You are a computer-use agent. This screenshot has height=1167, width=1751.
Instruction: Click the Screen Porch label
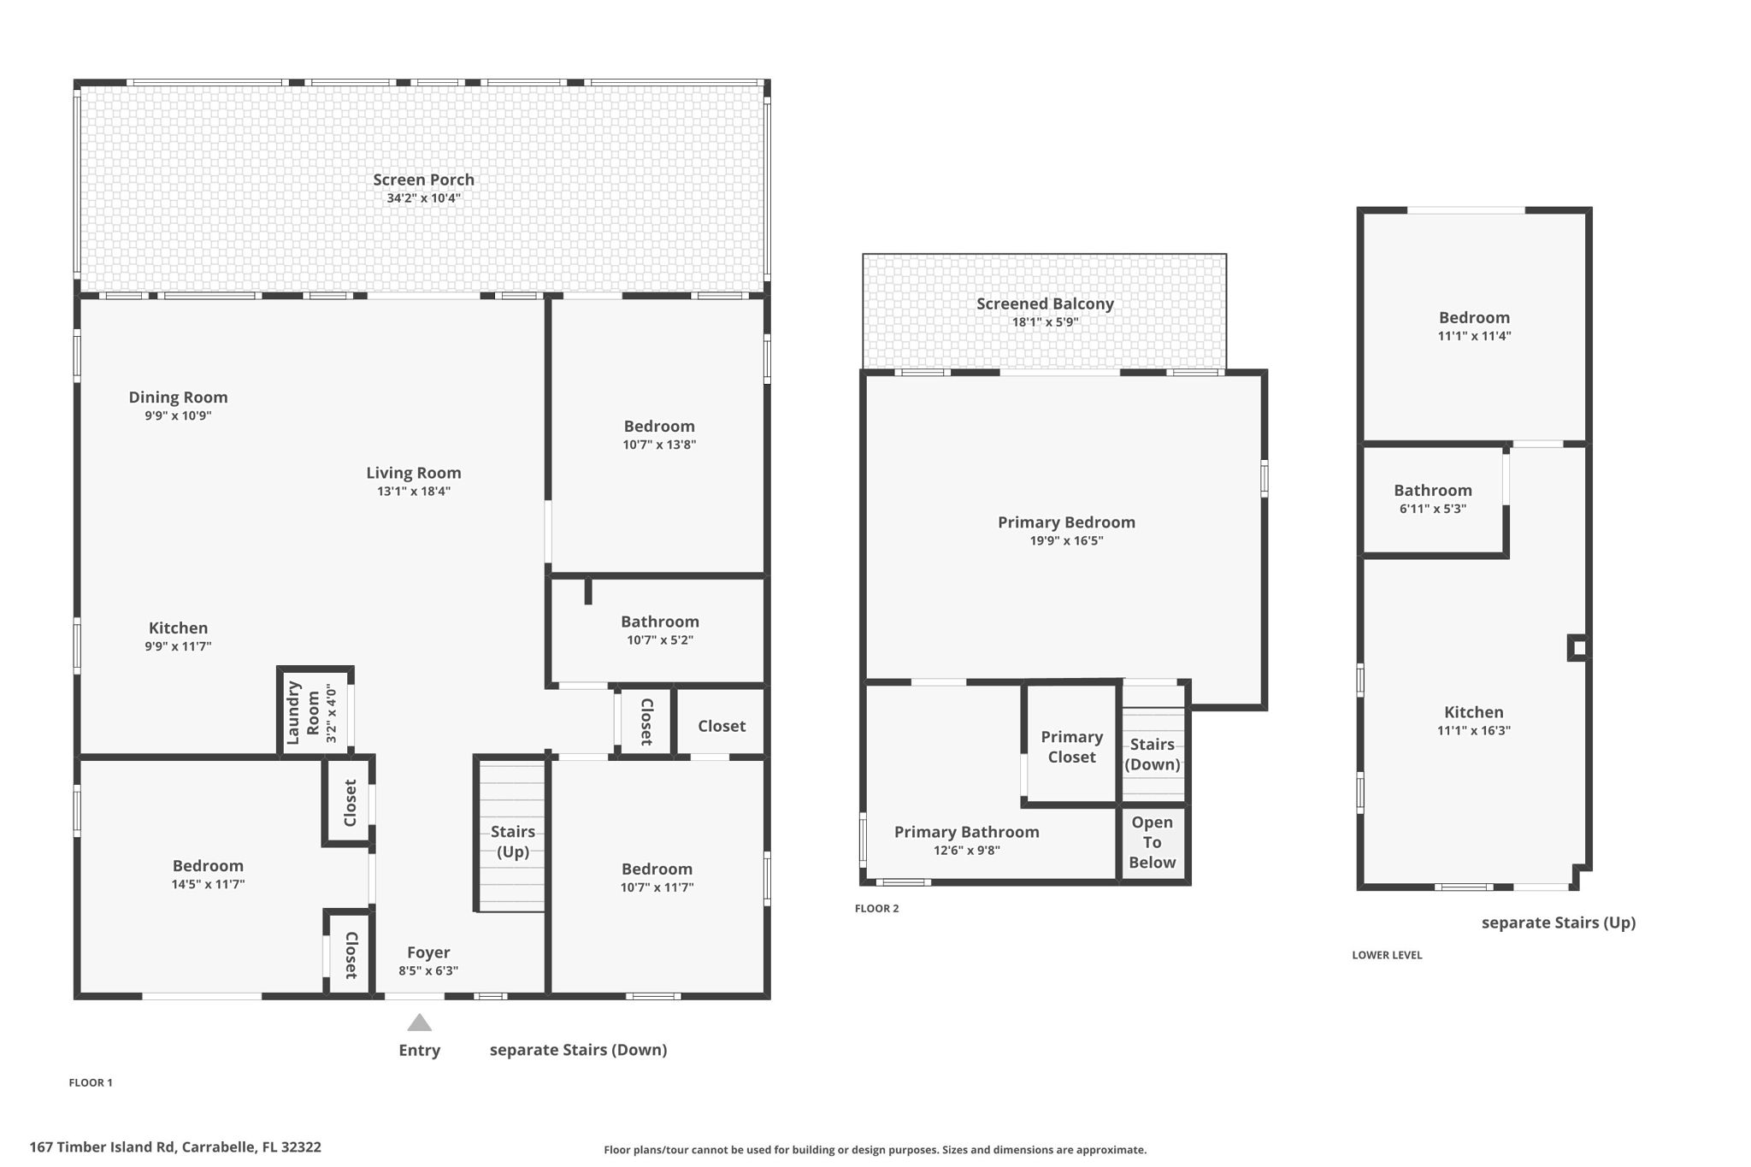point(423,180)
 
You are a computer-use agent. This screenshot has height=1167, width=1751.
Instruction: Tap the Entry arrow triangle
point(419,1023)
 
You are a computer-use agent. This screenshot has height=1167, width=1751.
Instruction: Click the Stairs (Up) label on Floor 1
point(513,841)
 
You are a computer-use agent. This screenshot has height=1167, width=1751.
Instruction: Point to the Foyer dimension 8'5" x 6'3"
point(428,971)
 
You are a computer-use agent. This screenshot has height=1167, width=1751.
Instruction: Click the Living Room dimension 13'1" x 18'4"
point(414,492)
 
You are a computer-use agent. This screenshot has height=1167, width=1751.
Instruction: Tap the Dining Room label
point(178,398)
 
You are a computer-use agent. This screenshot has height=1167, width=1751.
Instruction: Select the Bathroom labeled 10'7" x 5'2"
point(659,630)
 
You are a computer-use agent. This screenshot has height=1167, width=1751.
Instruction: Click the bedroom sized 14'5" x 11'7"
point(208,874)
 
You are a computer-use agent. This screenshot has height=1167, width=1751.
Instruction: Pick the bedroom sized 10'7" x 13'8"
point(659,434)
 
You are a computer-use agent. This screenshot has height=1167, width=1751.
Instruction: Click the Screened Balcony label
point(1045,304)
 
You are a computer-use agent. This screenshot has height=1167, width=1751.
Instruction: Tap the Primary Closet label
point(1071,746)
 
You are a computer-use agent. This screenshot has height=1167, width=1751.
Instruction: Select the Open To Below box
point(1152,842)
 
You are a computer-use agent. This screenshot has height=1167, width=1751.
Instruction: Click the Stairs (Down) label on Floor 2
point(1152,754)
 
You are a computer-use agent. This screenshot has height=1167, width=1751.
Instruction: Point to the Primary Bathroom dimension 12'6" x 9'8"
point(967,851)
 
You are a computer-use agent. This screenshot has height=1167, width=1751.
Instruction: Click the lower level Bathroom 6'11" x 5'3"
point(1433,498)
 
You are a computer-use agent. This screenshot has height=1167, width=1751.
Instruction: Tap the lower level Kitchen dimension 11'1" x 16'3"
point(1474,731)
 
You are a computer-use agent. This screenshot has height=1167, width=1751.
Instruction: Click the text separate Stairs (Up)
point(1558,922)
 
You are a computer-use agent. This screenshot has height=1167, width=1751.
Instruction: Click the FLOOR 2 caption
point(876,909)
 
